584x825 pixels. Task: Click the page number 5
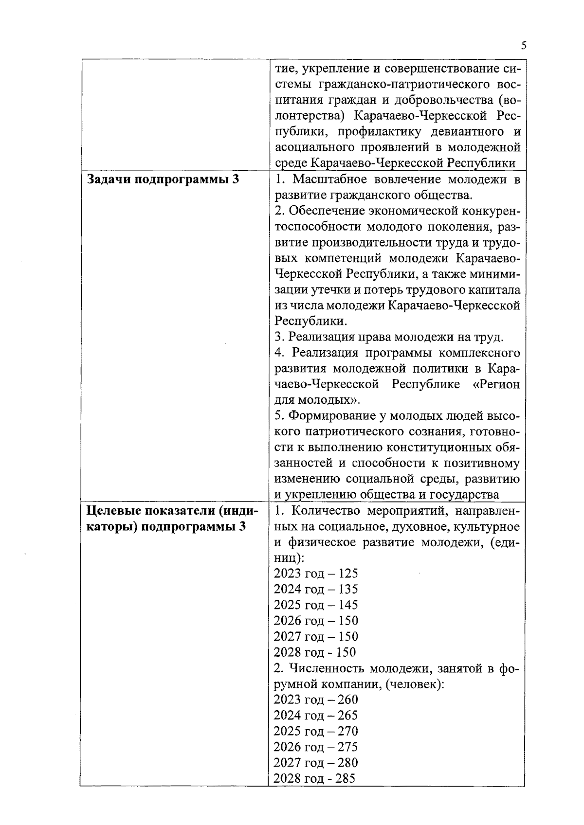click(523, 46)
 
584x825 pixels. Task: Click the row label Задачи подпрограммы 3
click(163, 179)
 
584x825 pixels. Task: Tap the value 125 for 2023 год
click(348, 574)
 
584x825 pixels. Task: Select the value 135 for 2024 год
click(348, 589)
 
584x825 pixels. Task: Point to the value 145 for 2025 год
click(348, 605)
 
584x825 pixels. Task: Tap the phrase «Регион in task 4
click(496, 384)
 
